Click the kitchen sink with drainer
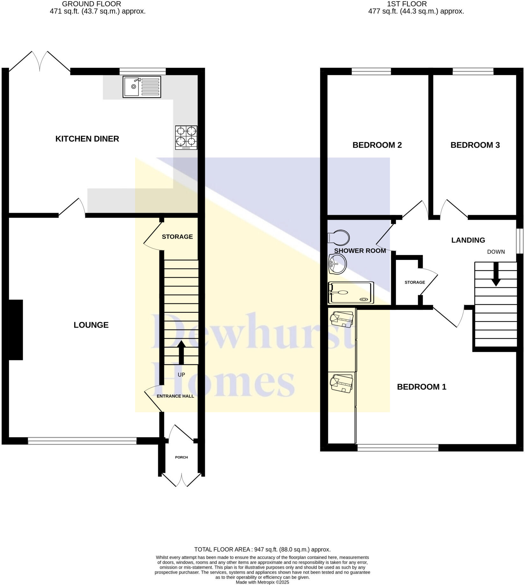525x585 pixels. [x=142, y=87]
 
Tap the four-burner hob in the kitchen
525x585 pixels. [x=186, y=138]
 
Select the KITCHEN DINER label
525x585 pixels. [x=87, y=139]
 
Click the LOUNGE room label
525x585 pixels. [x=91, y=325]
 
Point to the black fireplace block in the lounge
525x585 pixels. [x=15, y=330]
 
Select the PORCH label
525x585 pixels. [x=181, y=457]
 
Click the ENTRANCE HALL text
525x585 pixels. [x=175, y=396]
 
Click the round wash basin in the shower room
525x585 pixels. [x=337, y=264]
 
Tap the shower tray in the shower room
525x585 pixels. [x=350, y=292]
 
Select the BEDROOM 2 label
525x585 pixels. [x=377, y=145]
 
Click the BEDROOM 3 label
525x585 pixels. [x=475, y=145]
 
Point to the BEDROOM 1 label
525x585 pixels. [x=421, y=387]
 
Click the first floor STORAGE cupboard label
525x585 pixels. [x=415, y=282]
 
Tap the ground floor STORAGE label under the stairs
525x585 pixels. [x=177, y=237]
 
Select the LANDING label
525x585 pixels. [x=468, y=240]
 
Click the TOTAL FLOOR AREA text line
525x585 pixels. [x=262, y=549]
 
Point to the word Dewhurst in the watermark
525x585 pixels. [x=253, y=331]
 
